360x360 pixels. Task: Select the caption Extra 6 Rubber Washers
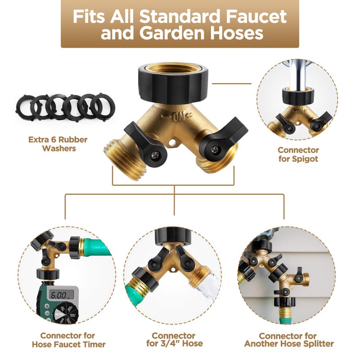tap(58, 144)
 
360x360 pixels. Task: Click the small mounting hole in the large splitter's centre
tap(172, 143)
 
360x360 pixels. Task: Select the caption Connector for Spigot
tap(298, 154)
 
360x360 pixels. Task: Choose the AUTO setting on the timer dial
tap(59, 314)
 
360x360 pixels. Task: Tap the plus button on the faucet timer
tap(47, 306)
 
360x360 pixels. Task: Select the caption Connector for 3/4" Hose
tap(175, 340)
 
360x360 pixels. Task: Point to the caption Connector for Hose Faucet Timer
tap(68, 340)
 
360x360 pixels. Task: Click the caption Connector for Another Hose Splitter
tap(289, 340)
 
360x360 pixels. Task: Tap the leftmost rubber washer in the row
tap(25, 106)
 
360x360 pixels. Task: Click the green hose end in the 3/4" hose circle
tap(134, 292)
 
